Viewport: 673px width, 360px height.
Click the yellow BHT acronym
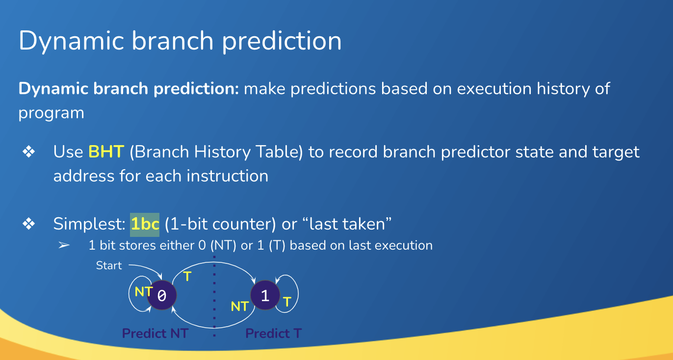pos(106,152)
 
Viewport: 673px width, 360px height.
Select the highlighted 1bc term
pos(145,225)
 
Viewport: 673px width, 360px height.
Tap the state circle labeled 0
pos(162,295)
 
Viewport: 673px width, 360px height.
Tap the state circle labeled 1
pos(265,295)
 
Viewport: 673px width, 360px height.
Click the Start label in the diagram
pos(109,265)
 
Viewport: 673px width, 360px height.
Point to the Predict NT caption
pos(155,333)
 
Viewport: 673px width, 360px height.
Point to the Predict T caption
pos(273,333)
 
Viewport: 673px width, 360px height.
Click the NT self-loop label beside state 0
pos(144,291)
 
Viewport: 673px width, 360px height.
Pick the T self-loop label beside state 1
pos(287,302)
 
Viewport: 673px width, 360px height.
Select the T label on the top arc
pos(187,276)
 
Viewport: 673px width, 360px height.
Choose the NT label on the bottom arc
pos(239,307)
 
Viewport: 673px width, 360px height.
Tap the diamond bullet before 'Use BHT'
pos(29,152)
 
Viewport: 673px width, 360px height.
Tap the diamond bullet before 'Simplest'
pos(29,224)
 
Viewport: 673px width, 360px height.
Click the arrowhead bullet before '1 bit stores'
pos(64,245)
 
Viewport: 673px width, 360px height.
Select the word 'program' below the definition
pos(52,113)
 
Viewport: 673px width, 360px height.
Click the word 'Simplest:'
pos(89,224)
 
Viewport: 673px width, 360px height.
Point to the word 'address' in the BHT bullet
pos(84,176)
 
